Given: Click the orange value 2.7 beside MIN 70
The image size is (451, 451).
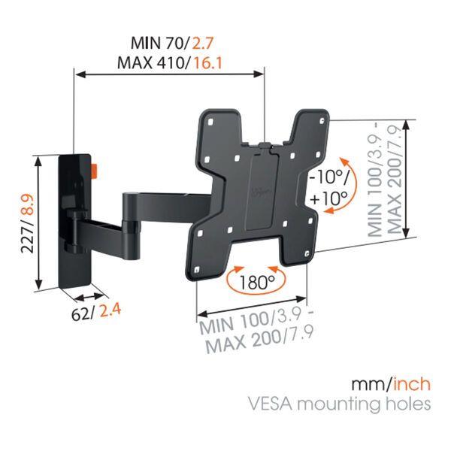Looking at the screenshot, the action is pyautogui.click(x=202, y=44).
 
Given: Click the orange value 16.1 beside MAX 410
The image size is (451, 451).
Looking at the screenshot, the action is pyautogui.click(x=208, y=63).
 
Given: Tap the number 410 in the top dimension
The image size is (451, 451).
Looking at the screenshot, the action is pyautogui.click(x=170, y=63).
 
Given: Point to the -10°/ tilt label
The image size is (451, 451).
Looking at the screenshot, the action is pyautogui.click(x=328, y=177).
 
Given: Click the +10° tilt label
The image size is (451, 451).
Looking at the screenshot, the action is pyautogui.click(x=328, y=198).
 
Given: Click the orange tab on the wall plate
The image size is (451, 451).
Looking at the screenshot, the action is pyautogui.click(x=95, y=171).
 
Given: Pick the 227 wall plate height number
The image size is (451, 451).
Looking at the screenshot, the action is pyautogui.click(x=28, y=238).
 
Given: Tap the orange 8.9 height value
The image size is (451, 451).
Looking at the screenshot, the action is pyautogui.click(x=28, y=204).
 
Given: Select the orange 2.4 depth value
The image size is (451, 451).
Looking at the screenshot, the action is pyautogui.click(x=110, y=310).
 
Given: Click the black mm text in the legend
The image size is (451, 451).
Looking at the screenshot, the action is pyautogui.click(x=369, y=385).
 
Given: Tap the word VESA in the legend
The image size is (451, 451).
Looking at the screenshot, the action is pyautogui.click(x=271, y=404).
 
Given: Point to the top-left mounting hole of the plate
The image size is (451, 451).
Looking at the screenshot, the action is pyautogui.click(x=210, y=122).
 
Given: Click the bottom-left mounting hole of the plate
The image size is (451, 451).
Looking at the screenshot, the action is pyautogui.click(x=197, y=270).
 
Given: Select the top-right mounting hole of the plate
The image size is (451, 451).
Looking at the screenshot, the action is pyautogui.click(x=322, y=121).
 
